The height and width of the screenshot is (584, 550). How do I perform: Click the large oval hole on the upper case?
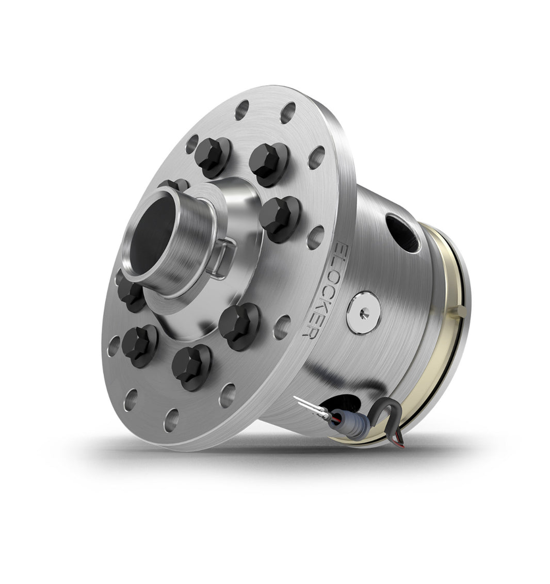tap(402, 233)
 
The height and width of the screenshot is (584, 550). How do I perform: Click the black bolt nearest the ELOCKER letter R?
tap(239, 326)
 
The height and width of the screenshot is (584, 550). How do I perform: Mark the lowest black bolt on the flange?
tap(190, 366)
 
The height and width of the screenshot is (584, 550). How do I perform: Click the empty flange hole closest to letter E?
tap(315, 237)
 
